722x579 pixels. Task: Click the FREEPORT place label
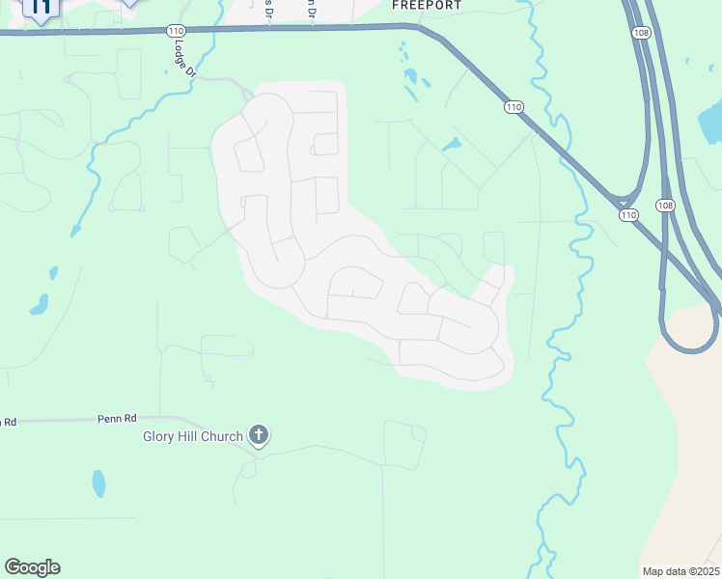coord(427,5)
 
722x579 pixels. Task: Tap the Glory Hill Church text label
coord(193,437)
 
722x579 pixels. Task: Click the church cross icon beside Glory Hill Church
coord(258,435)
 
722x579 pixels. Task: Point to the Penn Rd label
coord(117,419)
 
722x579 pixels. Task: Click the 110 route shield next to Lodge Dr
coord(175,31)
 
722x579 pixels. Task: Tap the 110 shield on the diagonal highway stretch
coord(513,107)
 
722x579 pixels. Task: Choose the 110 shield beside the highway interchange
coord(628,214)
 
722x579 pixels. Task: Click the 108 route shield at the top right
coord(643,33)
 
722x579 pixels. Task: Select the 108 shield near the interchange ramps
coord(664,206)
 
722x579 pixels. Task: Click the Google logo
coord(32,566)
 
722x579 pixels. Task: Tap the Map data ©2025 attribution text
coord(681,571)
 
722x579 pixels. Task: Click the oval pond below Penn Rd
coord(98,482)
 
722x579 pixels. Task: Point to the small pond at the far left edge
coord(40,305)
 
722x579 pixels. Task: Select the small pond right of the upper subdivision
coord(451,146)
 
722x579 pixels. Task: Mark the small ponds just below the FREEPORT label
coord(412,76)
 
